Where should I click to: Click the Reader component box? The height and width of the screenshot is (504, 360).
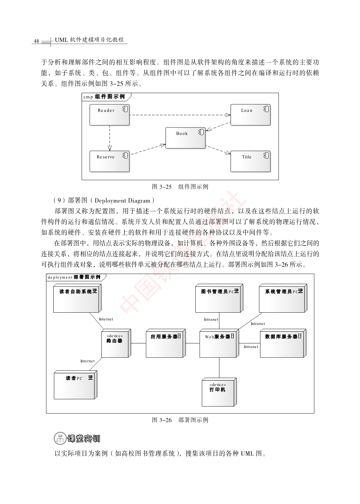click(109, 115)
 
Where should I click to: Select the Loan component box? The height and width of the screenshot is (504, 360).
click(251, 115)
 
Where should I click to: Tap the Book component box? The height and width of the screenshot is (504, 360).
click(185, 138)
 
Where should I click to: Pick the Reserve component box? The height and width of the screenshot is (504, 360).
click(109, 161)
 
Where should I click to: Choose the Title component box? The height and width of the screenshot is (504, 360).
click(251, 161)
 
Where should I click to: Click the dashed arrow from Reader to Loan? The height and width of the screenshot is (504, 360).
click(180, 115)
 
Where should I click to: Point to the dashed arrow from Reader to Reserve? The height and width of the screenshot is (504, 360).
click(110, 138)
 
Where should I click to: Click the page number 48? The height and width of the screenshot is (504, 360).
click(36, 41)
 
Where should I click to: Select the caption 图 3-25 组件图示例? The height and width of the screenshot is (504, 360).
click(180, 187)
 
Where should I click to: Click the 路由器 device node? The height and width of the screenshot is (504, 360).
click(116, 343)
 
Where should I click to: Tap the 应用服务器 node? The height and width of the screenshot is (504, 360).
click(166, 343)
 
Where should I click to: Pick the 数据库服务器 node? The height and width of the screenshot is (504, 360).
click(283, 343)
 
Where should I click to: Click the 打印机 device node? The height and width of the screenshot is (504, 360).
click(219, 392)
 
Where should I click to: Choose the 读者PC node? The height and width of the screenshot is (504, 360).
click(75, 385)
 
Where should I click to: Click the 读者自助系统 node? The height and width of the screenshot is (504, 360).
click(77, 298)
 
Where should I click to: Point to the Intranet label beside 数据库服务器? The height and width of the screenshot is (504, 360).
click(251, 347)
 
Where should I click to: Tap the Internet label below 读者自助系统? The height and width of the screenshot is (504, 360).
click(106, 319)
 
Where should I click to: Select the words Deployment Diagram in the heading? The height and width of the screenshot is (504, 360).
click(122, 200)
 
